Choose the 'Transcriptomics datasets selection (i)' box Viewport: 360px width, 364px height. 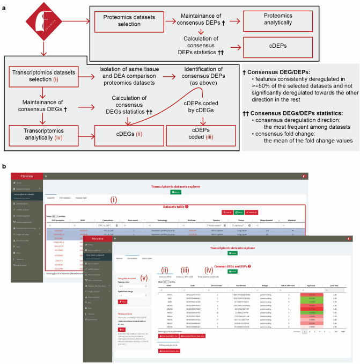coord(46,73)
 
